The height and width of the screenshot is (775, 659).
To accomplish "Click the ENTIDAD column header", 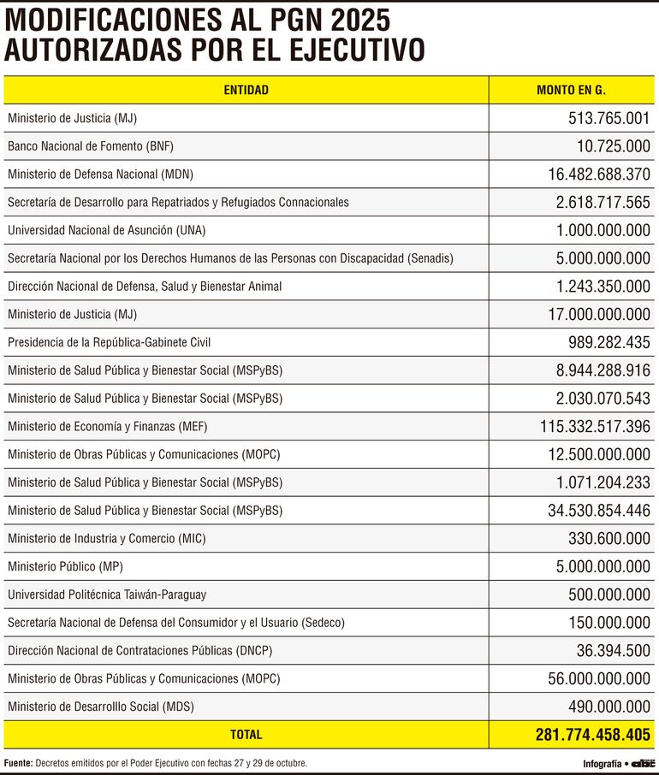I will click(246, 90).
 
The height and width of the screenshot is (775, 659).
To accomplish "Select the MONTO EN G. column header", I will click(571, 90).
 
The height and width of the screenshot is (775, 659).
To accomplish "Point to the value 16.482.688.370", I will click(599, 175).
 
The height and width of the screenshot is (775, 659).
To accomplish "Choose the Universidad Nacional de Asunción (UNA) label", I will click(106, 230).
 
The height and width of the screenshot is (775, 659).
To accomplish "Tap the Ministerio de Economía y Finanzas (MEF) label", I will click(107, 426).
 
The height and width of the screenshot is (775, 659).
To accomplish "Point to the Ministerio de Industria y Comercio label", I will click(106, 539).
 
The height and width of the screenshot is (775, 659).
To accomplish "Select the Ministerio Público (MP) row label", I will click(65, 567).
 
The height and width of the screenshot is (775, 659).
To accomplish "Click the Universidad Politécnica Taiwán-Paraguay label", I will click(107, 595).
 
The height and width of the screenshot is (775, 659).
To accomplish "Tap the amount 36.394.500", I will click(613, 651).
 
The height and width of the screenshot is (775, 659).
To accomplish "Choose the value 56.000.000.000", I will click(599, 678).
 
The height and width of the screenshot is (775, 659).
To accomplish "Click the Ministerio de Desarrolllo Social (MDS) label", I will click(100, 707).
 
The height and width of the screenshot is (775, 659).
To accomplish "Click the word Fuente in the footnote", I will click(18, 762).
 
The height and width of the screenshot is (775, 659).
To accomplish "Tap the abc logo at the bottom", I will click(643, 763).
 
